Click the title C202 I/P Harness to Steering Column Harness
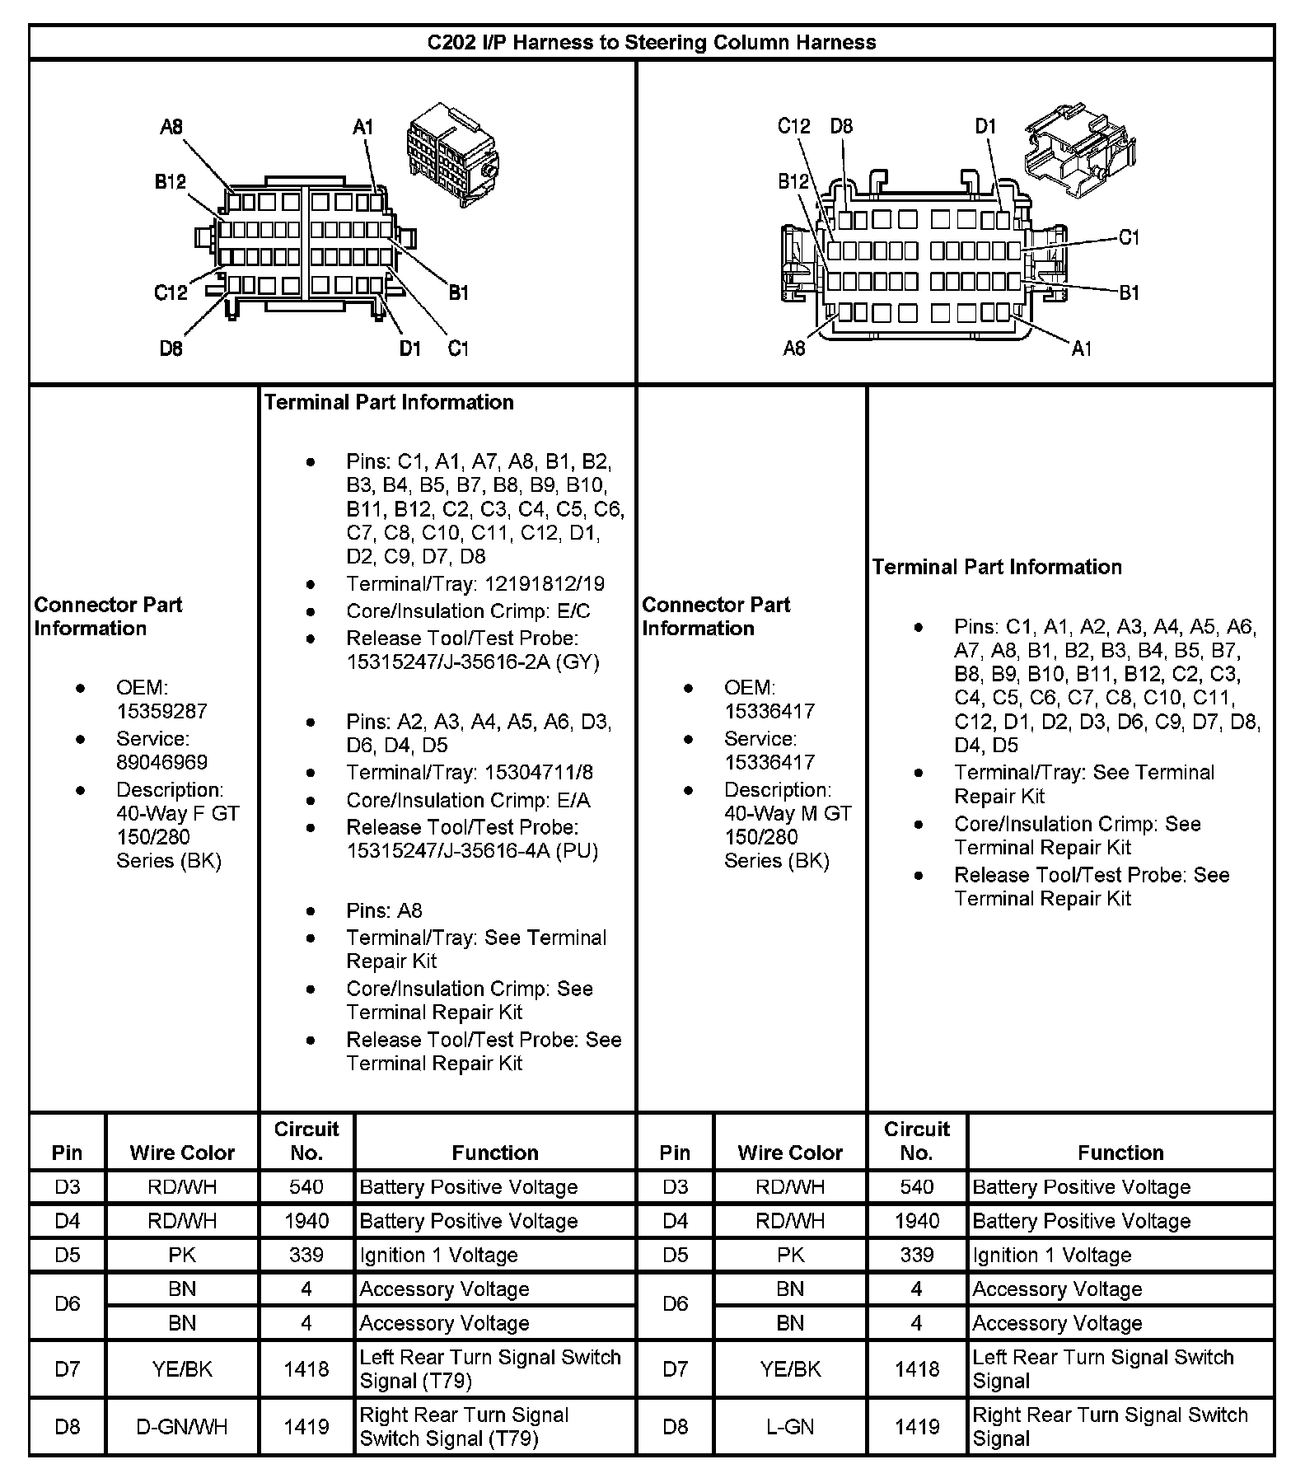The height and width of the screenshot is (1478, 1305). point(651,43)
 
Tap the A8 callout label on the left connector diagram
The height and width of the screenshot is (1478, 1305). point(171,127)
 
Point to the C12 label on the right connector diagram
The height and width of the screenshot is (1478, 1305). point(793,126)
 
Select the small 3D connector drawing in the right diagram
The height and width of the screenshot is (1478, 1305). point(1080,148)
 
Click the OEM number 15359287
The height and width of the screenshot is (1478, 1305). point(161,711)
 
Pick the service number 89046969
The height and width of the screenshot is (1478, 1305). point(161,762)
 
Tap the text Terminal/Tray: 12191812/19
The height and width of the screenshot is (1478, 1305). point(475,584)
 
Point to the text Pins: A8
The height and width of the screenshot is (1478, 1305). point(384,910)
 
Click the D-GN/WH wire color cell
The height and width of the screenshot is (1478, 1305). point(182,1426)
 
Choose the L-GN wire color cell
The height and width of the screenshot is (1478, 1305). point(790,1426)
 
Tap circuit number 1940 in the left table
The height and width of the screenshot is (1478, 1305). point(306,1221)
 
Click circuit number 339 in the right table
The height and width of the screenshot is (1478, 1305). point(916,1255)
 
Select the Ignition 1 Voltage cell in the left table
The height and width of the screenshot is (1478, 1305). point(438,1255)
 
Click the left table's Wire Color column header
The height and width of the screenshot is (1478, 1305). point(182,1153)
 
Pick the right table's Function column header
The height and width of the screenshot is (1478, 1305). point(1120,1153)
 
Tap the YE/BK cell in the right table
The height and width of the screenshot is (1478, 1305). point(790,1368)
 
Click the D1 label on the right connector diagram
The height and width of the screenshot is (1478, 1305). point(985,126)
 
